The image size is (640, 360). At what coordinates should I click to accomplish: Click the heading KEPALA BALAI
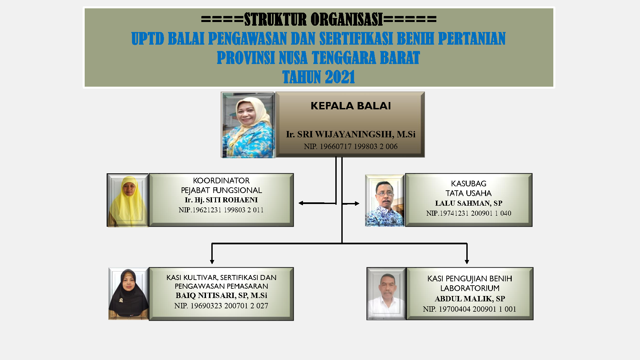click(x=350, y=106)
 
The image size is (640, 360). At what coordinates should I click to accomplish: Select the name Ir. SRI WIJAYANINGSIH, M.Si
click(x=350, y=134)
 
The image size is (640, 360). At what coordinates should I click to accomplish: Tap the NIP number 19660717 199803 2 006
click(x=350, y=146)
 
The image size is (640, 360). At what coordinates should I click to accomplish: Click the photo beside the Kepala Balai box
click(x=248, y=125)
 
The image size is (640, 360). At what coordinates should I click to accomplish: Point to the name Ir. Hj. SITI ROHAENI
click(x=221, y=200)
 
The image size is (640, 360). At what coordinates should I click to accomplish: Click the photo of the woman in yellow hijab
click(x=128, y=200)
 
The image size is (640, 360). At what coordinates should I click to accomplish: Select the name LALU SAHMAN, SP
click(x=468, y=203)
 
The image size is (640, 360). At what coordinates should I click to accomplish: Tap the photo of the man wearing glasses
click(x=385, y=201)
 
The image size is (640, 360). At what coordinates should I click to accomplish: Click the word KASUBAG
click(x=468, y=184)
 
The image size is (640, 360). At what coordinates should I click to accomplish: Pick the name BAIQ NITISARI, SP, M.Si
click(x=221, y=296)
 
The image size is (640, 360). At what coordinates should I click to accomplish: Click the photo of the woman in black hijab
click(x=128, y=294)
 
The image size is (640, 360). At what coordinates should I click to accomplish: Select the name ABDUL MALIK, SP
click(x=469, y=299)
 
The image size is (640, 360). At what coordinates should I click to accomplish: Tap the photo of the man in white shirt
click(x=387, y=294)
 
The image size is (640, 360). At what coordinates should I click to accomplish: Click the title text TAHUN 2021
click(x=318, y=77)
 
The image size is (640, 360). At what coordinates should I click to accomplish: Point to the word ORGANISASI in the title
click(x=347, y=19)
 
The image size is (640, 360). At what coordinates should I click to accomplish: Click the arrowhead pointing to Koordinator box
click(x=301, y=203)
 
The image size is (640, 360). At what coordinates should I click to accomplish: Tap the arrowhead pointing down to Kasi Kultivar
click(x=212, y=262)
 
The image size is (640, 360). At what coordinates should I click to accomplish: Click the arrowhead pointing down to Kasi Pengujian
click(x=467, y=262)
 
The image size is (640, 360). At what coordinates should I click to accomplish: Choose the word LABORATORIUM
click(x=469, y=288)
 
